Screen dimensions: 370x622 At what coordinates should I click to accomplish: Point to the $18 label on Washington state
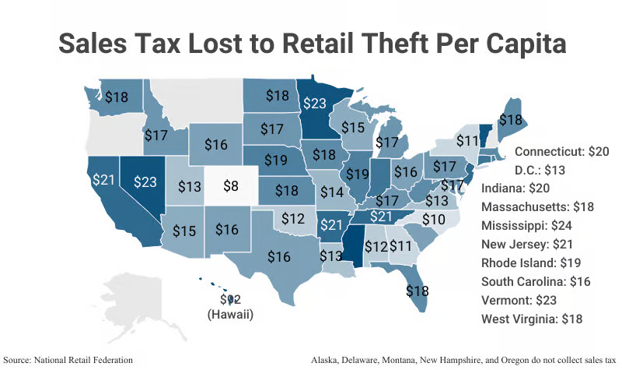pos(117,97)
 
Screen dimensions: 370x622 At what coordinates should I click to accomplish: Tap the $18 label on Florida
pos(418,291)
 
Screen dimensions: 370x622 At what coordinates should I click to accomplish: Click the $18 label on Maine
pos(510,120)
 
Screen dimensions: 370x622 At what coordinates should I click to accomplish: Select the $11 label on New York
pos(466,141)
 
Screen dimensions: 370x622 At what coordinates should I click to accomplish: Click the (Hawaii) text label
pos(231,315)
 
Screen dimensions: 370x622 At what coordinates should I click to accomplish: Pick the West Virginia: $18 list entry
pos(532,319)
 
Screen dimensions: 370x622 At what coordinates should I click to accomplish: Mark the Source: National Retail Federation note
pos(80,360)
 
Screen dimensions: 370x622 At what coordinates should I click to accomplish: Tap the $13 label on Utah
pos(190,187)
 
